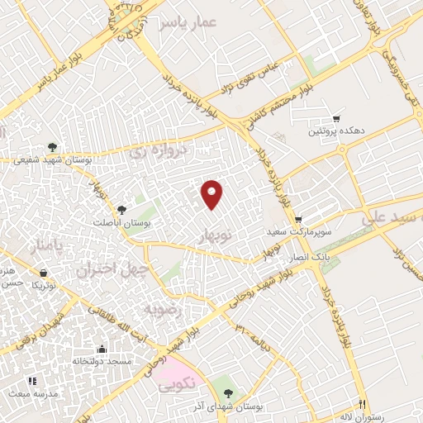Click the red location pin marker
tap(212, 192)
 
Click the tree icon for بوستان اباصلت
tap(121, 210)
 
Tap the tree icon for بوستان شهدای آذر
tap(229, 392)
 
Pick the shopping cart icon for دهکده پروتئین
tap(336, 118)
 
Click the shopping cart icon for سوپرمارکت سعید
tap(297, 219)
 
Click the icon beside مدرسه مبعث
tap(33, 381)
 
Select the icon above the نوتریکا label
tap(42, 272)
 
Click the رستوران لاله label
tap(379, 417)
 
